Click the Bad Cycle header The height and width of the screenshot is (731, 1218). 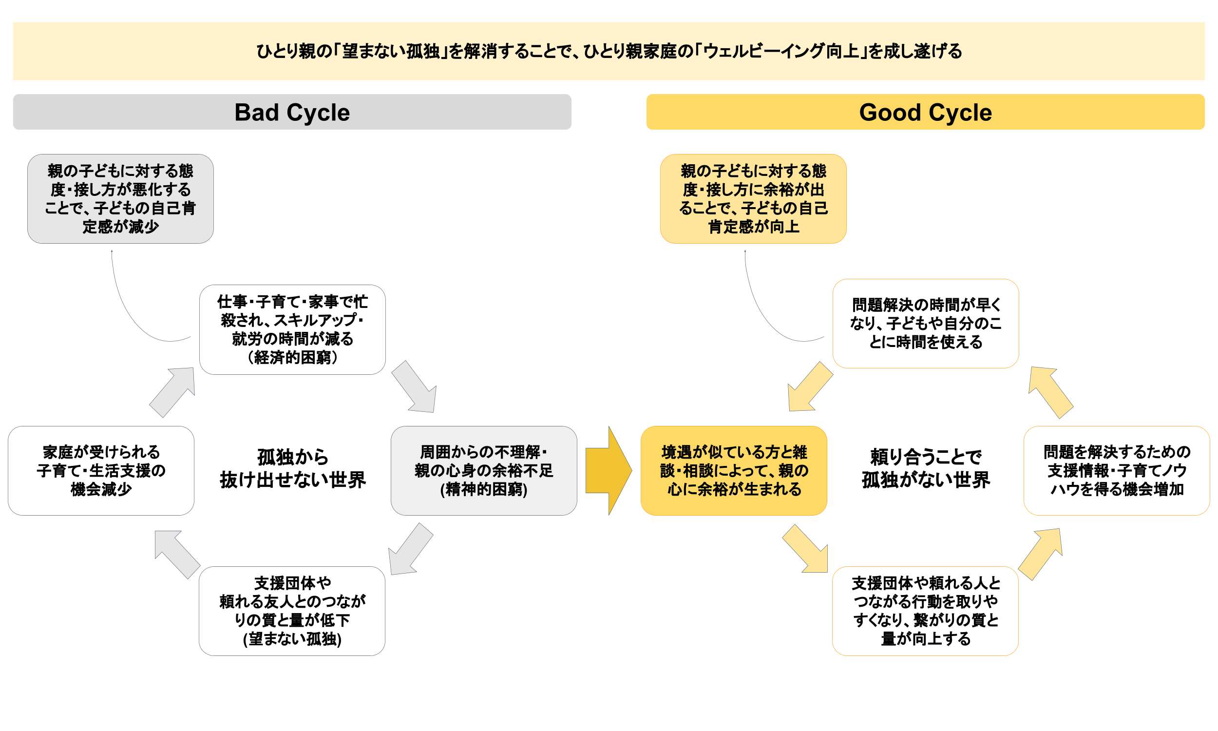point(291,112)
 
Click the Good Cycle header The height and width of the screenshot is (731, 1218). point(925,112)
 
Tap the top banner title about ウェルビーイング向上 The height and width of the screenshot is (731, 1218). point(609,51)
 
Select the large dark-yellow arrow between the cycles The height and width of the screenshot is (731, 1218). point(608,470)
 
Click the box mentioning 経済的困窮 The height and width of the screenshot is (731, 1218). point(292,329)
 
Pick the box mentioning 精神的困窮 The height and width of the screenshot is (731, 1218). point(483,470)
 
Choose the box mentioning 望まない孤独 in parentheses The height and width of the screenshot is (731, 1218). point(291,610)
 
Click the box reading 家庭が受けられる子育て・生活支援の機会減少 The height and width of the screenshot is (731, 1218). point(101,470)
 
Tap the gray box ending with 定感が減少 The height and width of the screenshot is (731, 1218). point(120,198)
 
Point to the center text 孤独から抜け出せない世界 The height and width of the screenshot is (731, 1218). point(292,468)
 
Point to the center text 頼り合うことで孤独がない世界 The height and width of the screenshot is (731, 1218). point(925,468)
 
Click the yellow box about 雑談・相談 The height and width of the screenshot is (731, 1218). point(733,470)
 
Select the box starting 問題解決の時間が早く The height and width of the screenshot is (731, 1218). point(925,323)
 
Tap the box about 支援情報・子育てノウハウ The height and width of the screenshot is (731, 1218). point(1116,470)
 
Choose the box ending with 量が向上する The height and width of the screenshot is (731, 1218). point(925,610)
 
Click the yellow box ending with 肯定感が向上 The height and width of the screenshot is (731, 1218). point(753,198)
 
